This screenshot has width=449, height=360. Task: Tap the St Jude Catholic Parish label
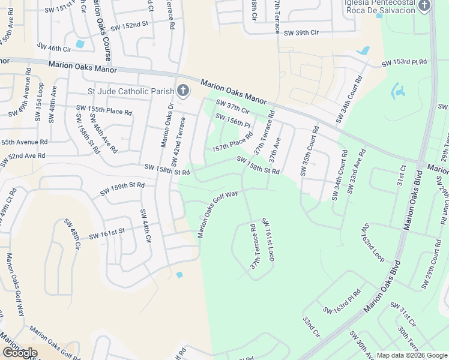pos(130,92)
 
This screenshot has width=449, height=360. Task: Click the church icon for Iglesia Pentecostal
pos(424,6)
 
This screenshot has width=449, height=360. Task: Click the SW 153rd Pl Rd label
pos(405,62)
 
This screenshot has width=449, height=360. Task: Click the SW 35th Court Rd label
pos(309,151)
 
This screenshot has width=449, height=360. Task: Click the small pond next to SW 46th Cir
pos(80,44)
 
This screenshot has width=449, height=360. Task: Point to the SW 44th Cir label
pos(145,226)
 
